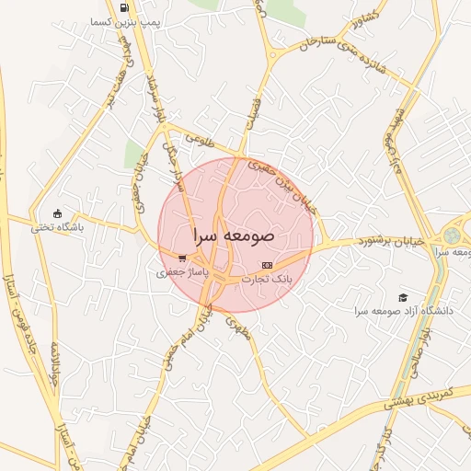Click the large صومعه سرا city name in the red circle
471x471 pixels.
pyautogui.click(x=231, y=235)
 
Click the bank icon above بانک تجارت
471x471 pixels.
pyautogui.click(x=268, y=264)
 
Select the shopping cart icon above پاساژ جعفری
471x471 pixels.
pyautogui.click(x=182, y=258)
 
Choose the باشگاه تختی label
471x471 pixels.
pyautogui.click(x=59, y=226)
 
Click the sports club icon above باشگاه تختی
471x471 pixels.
pyautogui.click(x=58, y=213)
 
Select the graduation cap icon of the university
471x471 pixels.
pyautogui.click(x=402, y=297)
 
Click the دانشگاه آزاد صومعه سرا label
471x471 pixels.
pyautogui.click(x=402, y=312)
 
